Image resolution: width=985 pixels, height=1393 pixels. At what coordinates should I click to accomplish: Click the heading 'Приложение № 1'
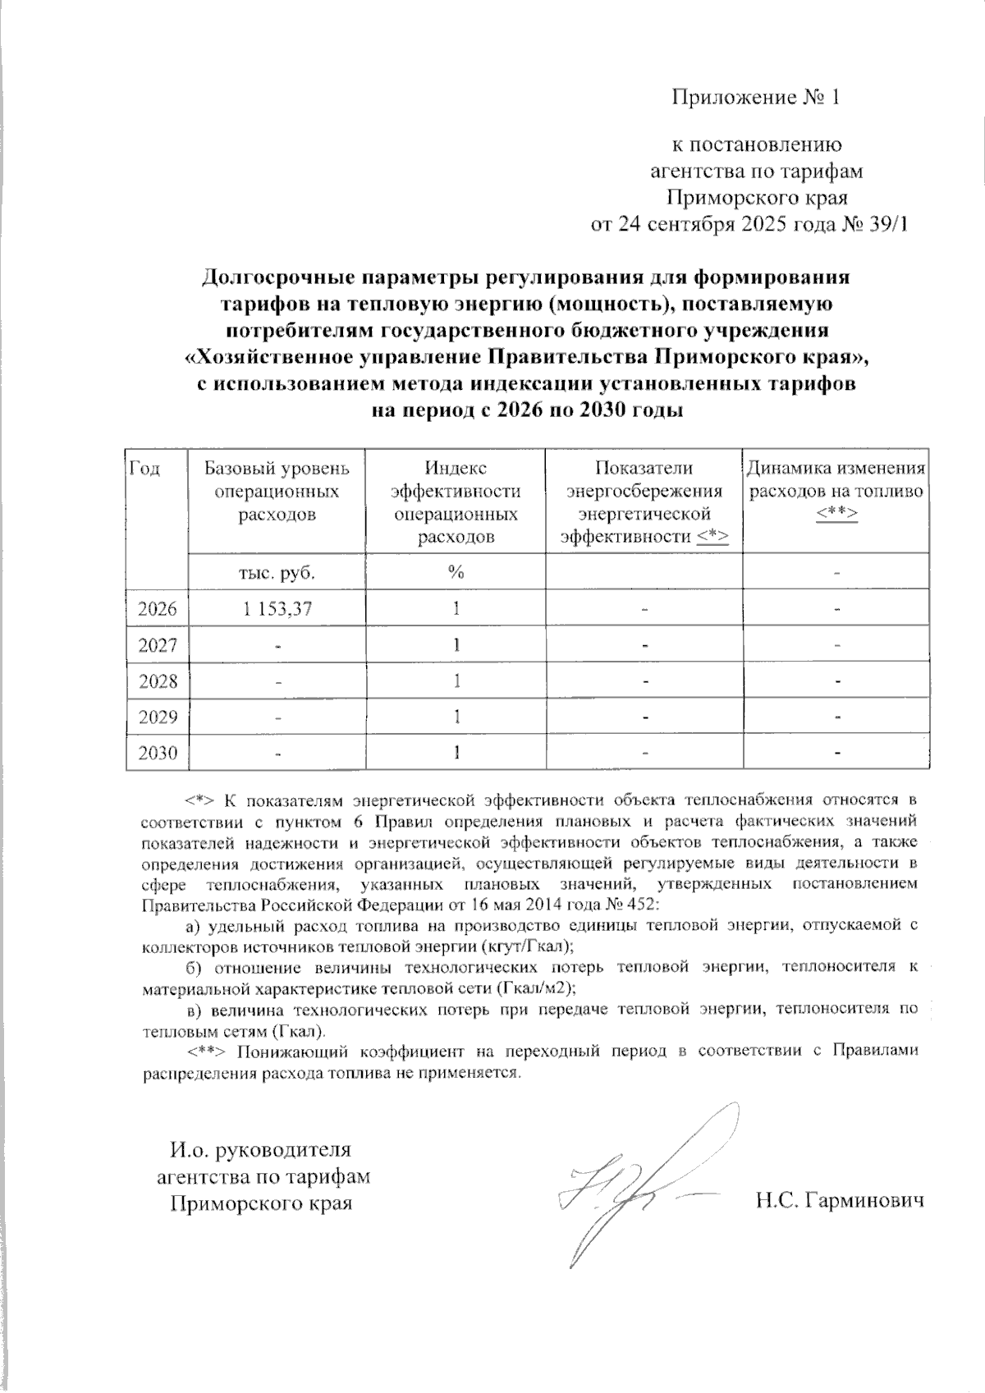(x=756, y=98)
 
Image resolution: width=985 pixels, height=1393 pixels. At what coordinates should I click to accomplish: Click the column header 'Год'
(x=144, y=469)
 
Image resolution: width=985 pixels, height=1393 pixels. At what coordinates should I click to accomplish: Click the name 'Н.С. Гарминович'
(x=840, y=1201)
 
